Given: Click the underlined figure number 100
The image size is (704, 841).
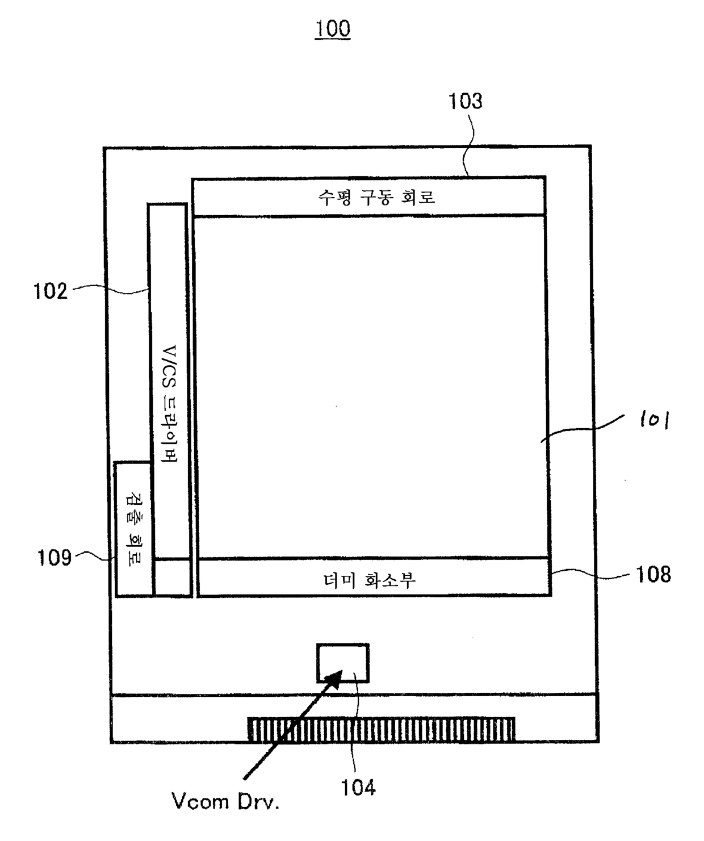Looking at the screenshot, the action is coord(333,29).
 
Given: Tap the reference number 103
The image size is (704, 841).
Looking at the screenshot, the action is coord(465,101).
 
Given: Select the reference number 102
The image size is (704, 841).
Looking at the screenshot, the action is coord(51,291).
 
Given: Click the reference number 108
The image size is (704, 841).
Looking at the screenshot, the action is coord(653,574).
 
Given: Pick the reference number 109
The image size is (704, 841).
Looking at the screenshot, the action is coord(55,558).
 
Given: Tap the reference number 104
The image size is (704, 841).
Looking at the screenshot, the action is coord(358,788).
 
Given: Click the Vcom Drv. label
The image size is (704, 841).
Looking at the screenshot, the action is coord(225,801).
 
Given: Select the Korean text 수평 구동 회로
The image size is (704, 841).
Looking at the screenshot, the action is coord(376,198).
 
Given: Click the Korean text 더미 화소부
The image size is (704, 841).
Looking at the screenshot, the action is coord(370,580).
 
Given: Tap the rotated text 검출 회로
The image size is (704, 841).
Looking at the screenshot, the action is coord(134,529).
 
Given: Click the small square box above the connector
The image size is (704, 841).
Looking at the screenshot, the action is coord(343,663).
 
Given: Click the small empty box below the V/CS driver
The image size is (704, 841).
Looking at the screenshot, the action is coord(173,577).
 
